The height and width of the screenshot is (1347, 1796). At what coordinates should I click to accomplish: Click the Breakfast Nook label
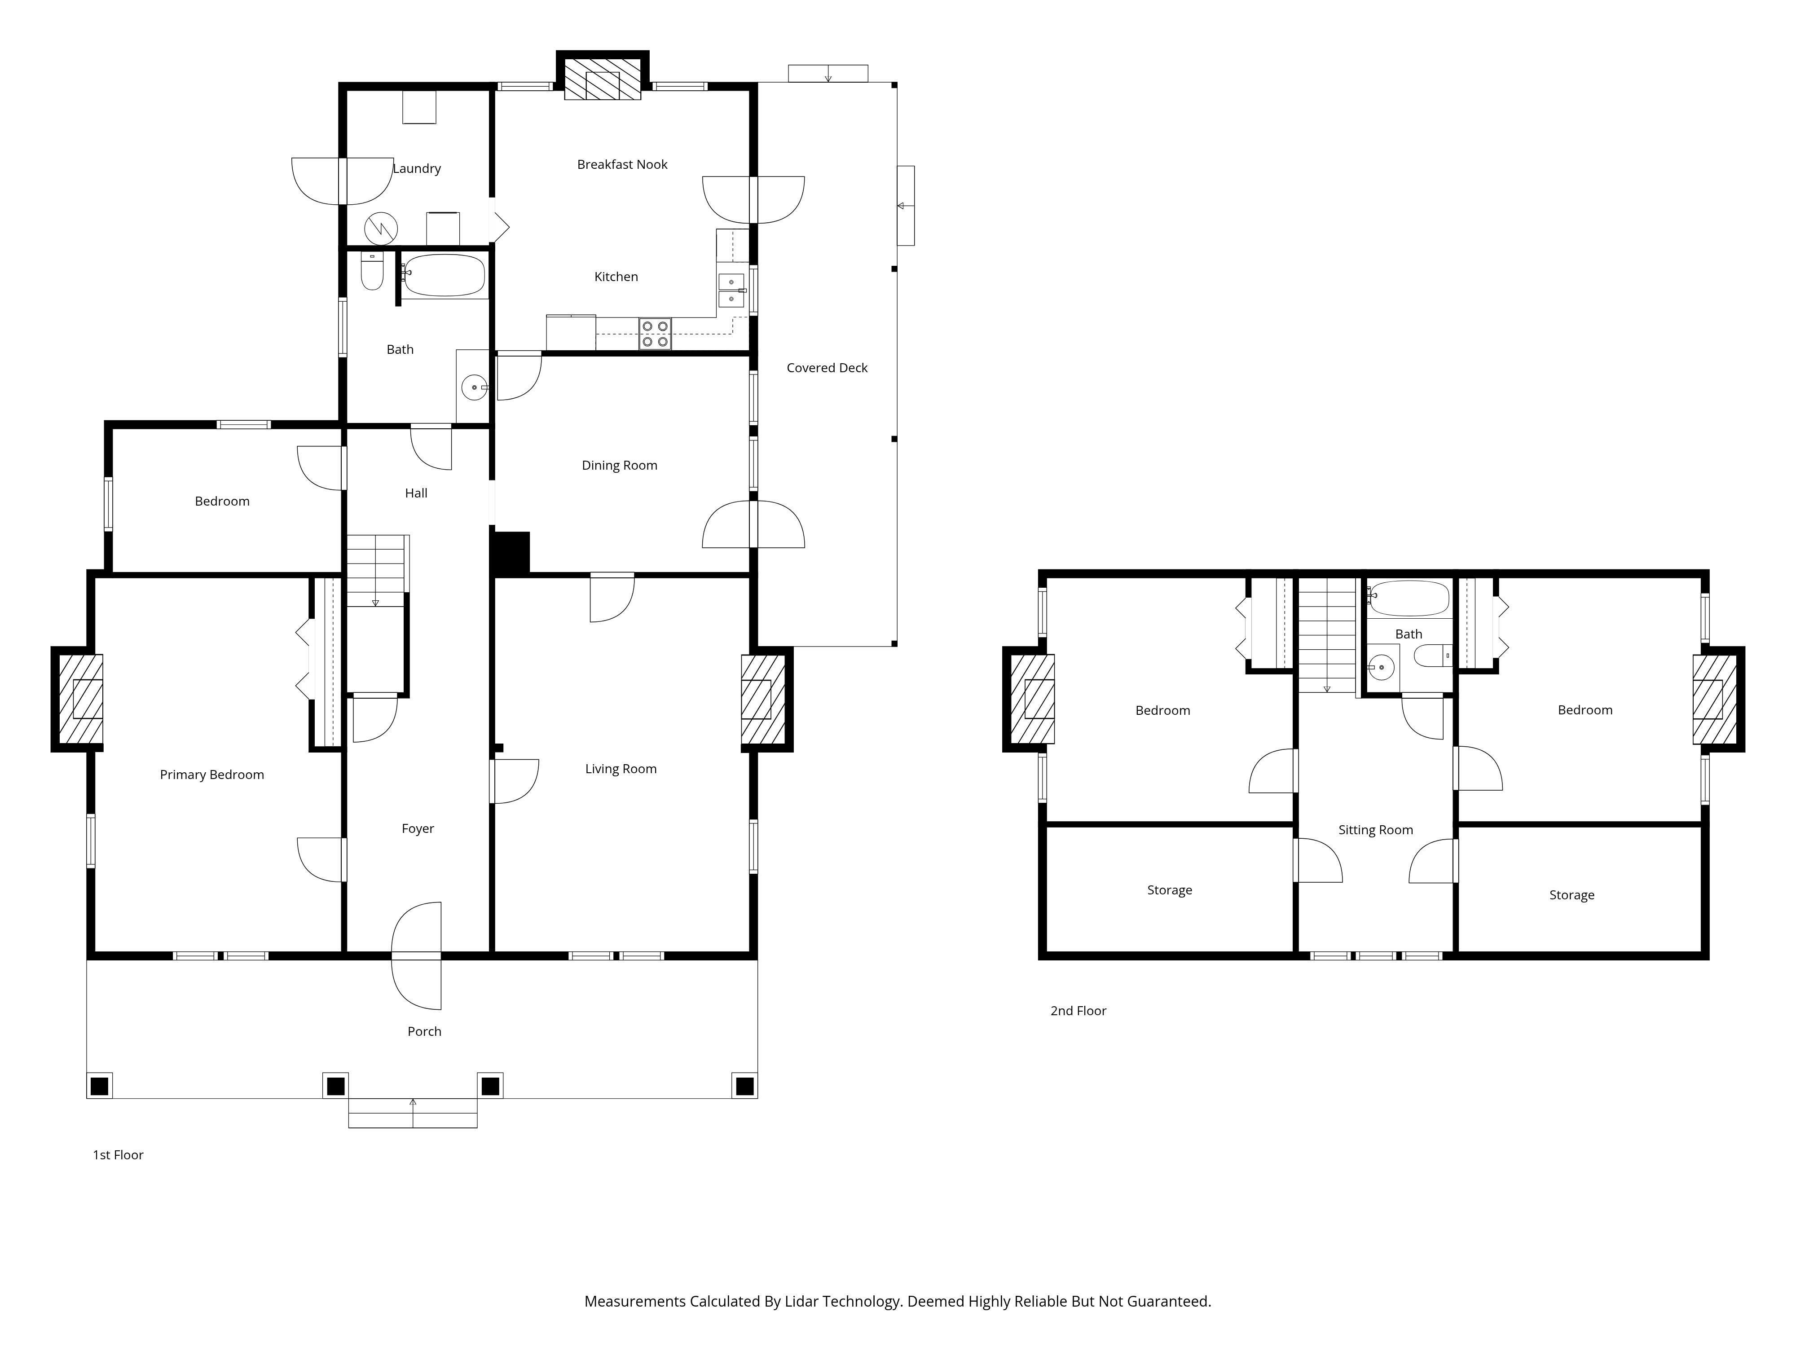622,164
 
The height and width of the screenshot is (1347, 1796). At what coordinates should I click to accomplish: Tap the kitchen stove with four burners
655,334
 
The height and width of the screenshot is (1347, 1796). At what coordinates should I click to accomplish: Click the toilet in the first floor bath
372,271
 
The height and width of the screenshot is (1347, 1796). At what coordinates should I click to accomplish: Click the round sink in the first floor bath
474,387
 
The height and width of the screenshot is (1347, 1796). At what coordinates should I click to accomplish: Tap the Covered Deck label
827,368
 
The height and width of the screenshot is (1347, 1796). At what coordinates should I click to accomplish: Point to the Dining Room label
620,465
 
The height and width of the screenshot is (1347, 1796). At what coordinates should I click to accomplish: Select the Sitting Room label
1375,830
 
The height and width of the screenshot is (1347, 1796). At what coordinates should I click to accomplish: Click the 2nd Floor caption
1078,1011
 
